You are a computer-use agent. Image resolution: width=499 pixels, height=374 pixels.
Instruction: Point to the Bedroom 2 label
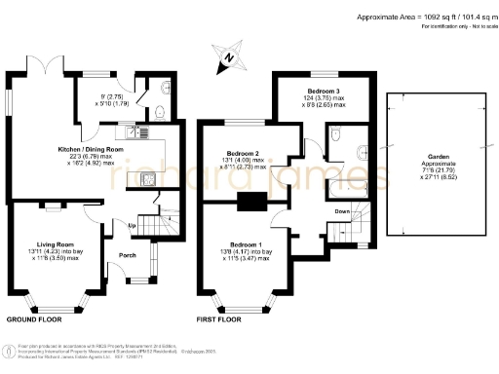(x=243, y=154)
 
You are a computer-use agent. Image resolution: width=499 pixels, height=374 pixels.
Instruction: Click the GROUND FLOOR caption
(x=35, y=319)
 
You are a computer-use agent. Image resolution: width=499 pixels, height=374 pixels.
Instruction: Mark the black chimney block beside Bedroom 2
(x=251, y=202)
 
